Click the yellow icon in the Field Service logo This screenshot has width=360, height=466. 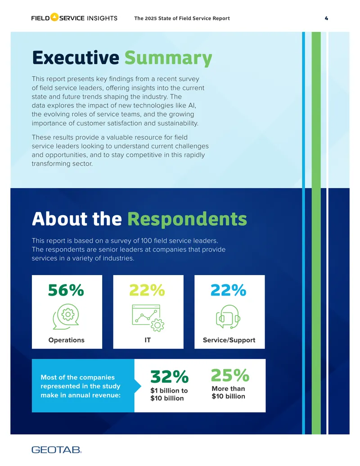(54, 17)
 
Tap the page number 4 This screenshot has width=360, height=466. (326, 18)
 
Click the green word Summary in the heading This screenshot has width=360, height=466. (168, 58)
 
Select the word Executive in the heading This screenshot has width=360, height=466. (76, 57)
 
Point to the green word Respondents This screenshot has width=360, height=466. (187, 220)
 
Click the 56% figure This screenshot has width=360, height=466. (66, 290)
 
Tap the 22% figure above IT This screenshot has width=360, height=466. (147, 290)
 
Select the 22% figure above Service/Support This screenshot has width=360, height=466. (229, 290)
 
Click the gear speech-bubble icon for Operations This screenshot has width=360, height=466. (66, 317)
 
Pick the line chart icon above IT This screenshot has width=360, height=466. (148, 318)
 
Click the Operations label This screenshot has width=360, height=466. (66, 340)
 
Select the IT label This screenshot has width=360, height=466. (148, 340)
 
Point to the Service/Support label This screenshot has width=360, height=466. (229, 340)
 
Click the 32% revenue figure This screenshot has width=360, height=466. (169, 377)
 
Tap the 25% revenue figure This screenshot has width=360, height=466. (230, 375)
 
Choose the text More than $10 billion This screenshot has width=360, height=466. (229, 392)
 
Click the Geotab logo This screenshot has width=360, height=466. (56, 450)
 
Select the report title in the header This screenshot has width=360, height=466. (182, 18)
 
